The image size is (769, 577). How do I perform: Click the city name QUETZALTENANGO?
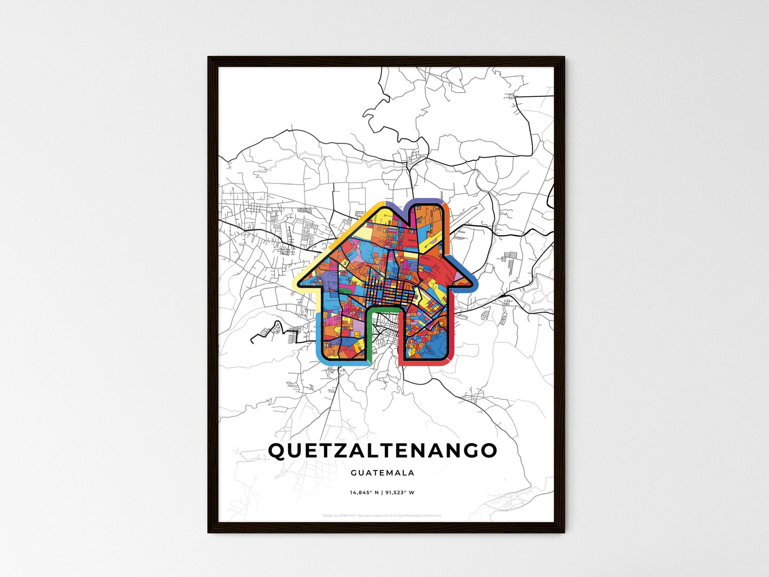382,450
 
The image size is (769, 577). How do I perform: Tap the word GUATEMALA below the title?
382,473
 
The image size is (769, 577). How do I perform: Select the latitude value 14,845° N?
364,492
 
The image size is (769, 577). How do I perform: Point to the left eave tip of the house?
296,285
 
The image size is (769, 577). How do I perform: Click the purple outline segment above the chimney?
426,200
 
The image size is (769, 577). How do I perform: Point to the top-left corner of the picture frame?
209,57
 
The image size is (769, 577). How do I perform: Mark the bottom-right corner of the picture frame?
564,532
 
